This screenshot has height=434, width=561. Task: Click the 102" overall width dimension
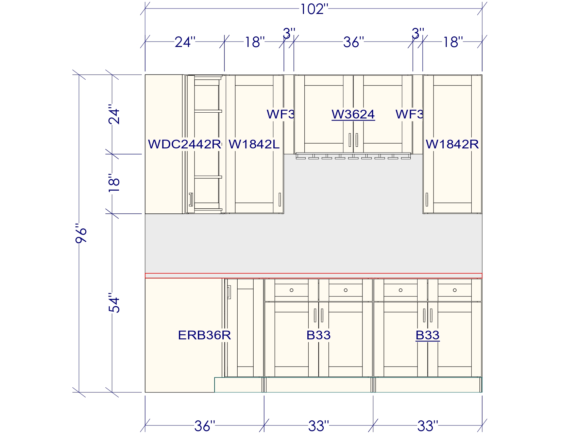314,9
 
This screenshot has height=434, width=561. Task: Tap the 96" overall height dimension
81,233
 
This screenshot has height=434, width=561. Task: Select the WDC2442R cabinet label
185,144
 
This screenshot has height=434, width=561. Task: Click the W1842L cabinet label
254,144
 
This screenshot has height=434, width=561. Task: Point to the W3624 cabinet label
353,114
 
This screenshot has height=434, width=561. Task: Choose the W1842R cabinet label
452,144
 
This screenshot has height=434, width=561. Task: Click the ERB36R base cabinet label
204,335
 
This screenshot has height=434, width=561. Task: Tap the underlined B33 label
427,335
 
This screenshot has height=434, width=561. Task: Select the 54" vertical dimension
114,303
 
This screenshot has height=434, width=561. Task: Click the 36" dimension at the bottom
204,426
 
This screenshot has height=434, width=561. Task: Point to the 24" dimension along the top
185,42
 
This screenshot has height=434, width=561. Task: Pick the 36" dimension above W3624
353,42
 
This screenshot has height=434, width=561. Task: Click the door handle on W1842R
427,199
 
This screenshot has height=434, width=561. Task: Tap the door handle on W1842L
279,199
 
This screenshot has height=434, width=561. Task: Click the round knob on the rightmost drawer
455,290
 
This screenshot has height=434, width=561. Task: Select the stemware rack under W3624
353,156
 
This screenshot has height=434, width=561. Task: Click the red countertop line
313,275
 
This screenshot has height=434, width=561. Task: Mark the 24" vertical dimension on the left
114,114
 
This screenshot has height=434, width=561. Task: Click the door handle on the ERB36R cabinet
229,292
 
